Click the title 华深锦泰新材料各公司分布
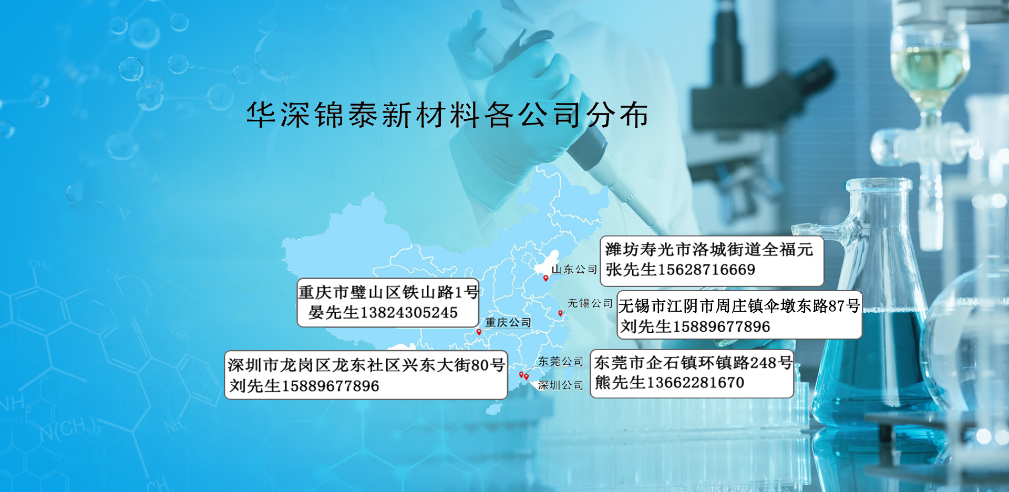click(448, 115)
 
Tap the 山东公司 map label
click(574, 269)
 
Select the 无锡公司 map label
click(590, 303)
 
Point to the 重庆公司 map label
click(508, 322)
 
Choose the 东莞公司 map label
click(560, 361)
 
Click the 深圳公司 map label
click(560, 385)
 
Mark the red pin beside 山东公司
click(545, 278)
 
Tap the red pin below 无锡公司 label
click(560, 313)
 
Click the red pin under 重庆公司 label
click(479, 332)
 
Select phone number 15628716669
click(706, 270)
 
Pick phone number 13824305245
click(409, 313)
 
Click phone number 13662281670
click(695, 383)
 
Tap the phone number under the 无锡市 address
click(721, 326)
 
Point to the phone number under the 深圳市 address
click(330, 386)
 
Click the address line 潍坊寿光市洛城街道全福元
click(709, 249)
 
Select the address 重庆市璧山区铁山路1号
click(388, 292)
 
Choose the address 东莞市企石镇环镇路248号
click(693, 362)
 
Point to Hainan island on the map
click(493, 408)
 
